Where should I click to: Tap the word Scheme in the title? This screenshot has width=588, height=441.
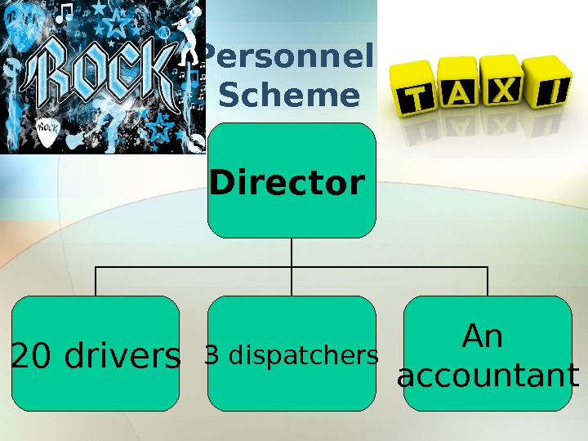[289, 96]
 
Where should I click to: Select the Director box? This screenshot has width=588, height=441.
[292, 181]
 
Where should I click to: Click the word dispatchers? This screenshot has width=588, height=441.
[303, 356]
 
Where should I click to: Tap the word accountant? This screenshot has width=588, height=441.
[488, 376]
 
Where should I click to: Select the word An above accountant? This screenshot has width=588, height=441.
[483, 336]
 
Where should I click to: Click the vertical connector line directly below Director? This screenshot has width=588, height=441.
[292, 253]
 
